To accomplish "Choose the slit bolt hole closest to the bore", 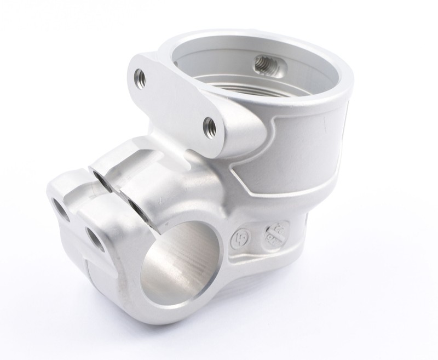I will tap(135, 204).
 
